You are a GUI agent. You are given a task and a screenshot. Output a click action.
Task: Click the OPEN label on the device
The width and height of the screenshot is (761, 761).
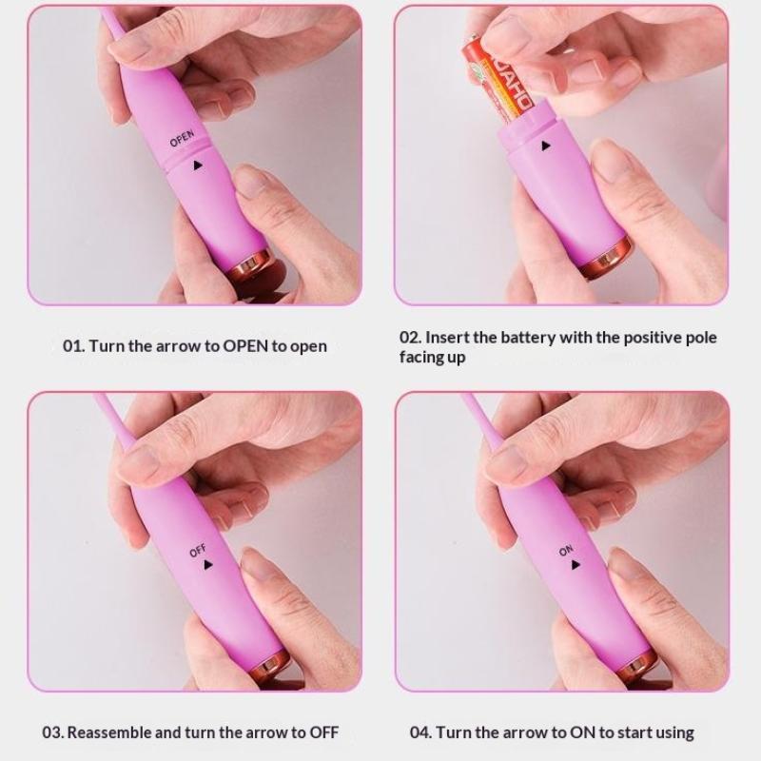coord(182,138)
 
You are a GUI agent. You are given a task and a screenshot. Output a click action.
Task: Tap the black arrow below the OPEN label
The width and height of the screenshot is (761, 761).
coord(197,166)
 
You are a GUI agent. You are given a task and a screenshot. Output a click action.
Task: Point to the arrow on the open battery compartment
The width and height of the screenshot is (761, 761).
coord(546,146)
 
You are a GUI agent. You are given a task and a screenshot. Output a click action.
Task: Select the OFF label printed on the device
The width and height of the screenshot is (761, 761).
coord(198,551)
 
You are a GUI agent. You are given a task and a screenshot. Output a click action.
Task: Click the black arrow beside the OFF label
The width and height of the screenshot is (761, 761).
coord(208,564)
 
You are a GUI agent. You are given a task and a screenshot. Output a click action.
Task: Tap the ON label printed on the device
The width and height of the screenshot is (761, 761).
coord(566,551)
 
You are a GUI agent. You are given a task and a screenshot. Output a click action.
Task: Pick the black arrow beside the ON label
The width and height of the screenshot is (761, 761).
coord(576,564)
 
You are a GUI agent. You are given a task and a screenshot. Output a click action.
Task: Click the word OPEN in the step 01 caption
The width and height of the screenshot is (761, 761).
coord(245,346)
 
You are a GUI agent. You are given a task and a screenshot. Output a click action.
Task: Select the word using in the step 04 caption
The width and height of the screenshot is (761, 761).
coord(673,733)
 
